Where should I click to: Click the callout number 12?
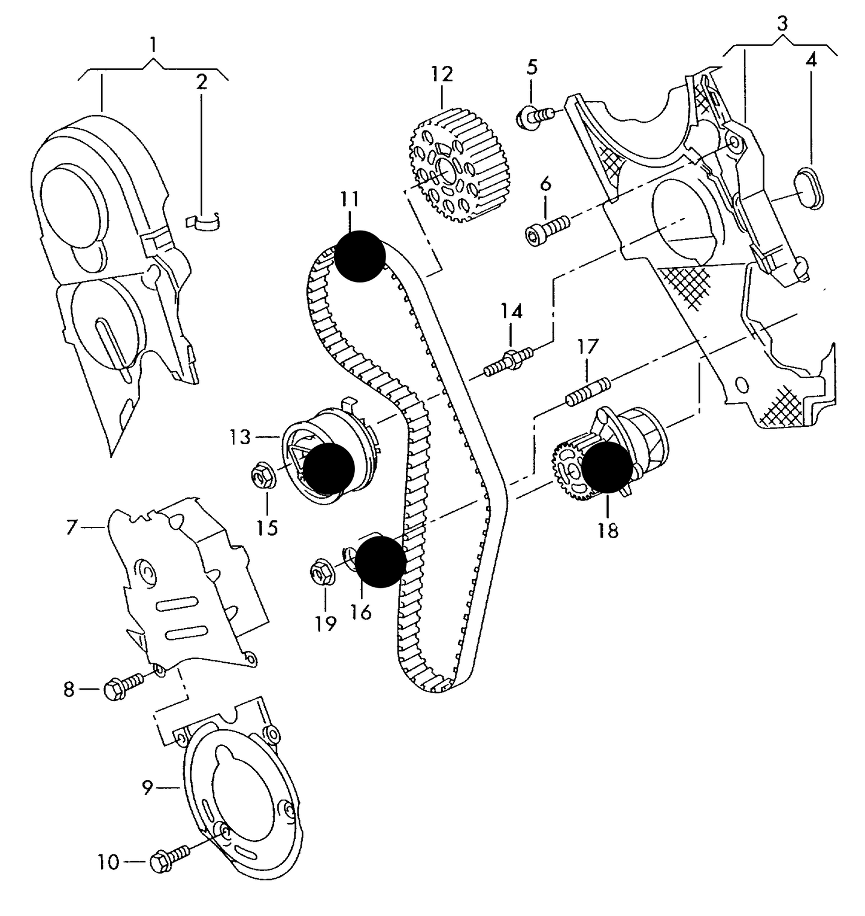coord(442,74)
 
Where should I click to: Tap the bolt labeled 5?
coord(534,116)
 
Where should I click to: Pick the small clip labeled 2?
coord(204,222)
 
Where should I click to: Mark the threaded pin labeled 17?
coord(587,391)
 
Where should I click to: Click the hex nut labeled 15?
coord(262,477)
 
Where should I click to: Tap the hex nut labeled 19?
coord(323,572)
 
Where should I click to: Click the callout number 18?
coord(608,530)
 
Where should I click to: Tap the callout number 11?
coord(350,199)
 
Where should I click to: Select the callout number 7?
coord(72,527)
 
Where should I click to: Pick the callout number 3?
coord(782,23)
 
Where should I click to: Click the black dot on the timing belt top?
coord(359,256)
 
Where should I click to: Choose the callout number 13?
coord(239,437)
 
